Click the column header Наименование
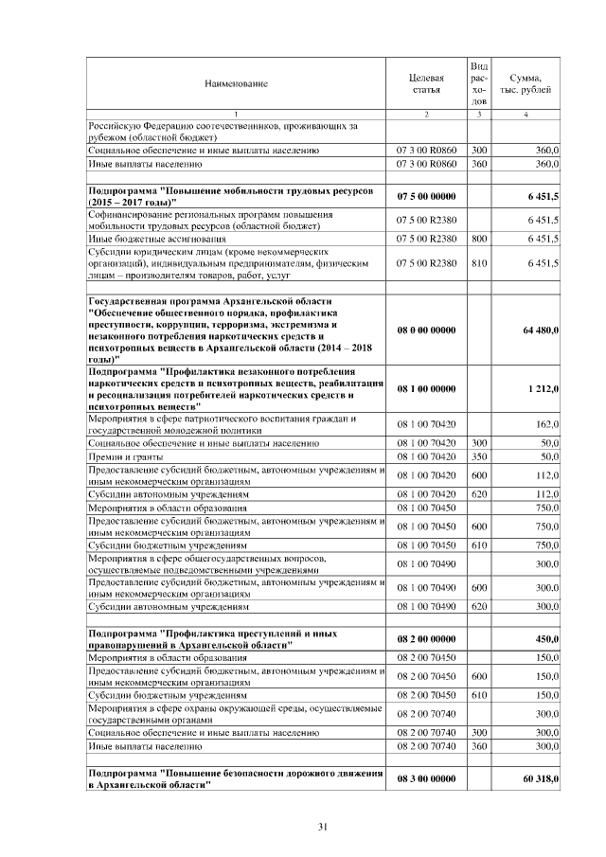pyautogui.click(x=236, y=83)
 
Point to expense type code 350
pyautogui.click(x=479, y=456)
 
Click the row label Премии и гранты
pyautogui.click(x=119, y=456)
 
